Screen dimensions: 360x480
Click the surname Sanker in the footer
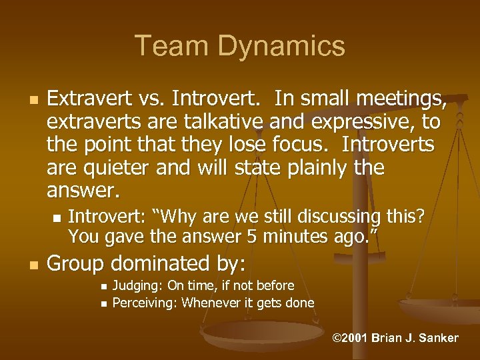coord(436,338)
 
